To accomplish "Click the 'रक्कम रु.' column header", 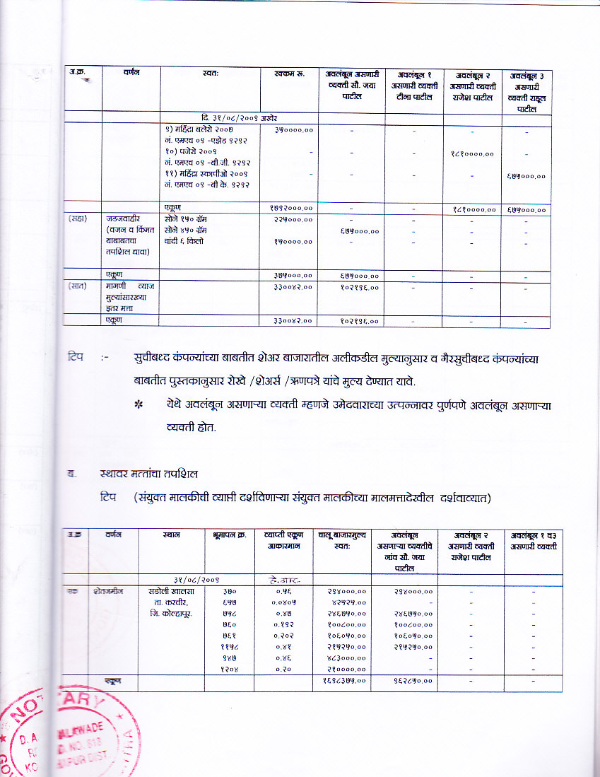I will [288, 74].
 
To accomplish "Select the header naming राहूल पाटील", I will [527, 92].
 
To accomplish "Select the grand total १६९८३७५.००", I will [344, 680].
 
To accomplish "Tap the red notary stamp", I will [67, 735].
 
